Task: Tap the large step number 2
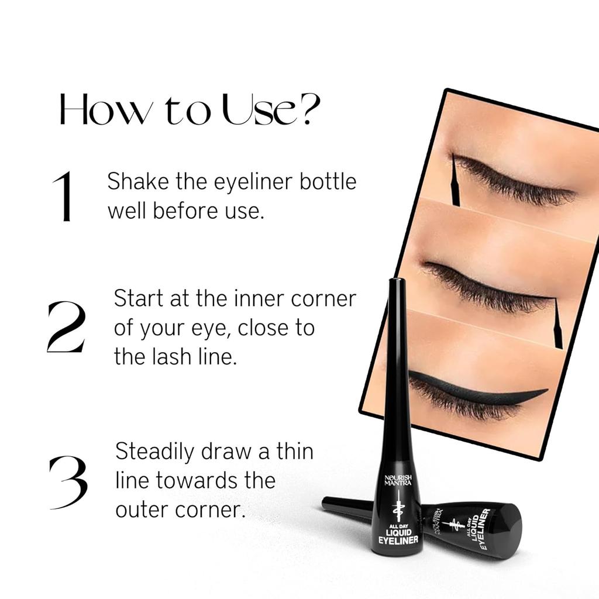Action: coord(66,327)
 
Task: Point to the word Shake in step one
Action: coord(136,181)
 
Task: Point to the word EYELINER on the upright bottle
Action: coord(398,539)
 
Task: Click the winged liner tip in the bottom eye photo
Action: coord(546,391)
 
